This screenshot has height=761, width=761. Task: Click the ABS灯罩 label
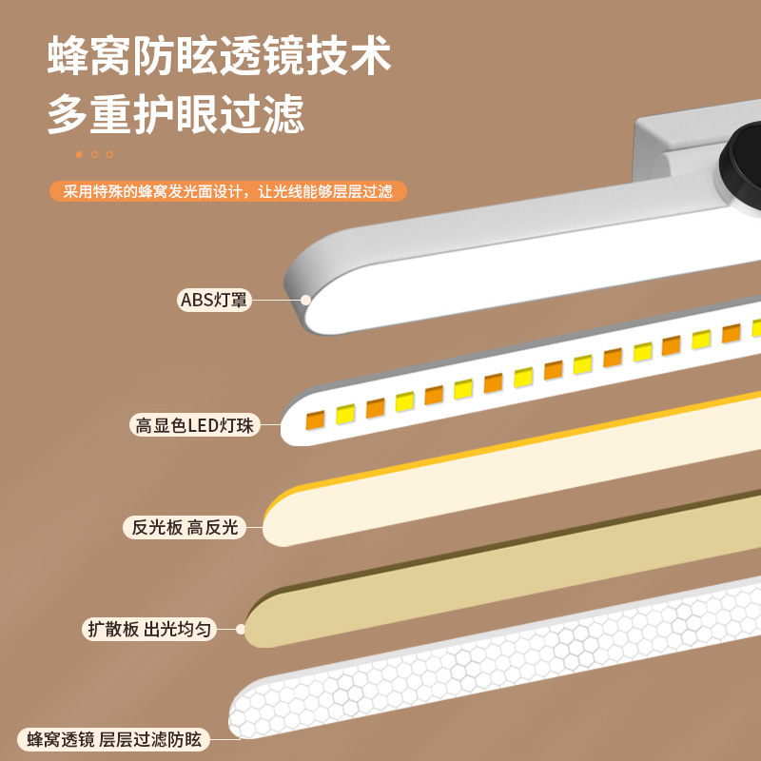pyautogui.click(x=214, y=300)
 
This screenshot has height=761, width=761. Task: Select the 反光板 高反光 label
pyautogui.click(x=181, y=527)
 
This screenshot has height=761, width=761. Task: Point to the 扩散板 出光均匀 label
pyautogui.click(x=149, y=629)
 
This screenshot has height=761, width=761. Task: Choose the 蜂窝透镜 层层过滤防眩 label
pyautogui.click(x=114, y=738)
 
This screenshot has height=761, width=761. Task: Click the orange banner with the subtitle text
pyautogui.click(x=228, y=191)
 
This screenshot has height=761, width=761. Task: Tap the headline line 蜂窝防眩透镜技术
pyautogui.click(x=220, y=57)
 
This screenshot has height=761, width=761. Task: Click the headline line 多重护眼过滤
pyautogui.click(x=176, y=115)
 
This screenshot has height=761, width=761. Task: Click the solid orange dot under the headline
pyautogui.click(x=80, y=154)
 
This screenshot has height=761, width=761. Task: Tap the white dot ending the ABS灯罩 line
pyautogui.click(x=306, y=299)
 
